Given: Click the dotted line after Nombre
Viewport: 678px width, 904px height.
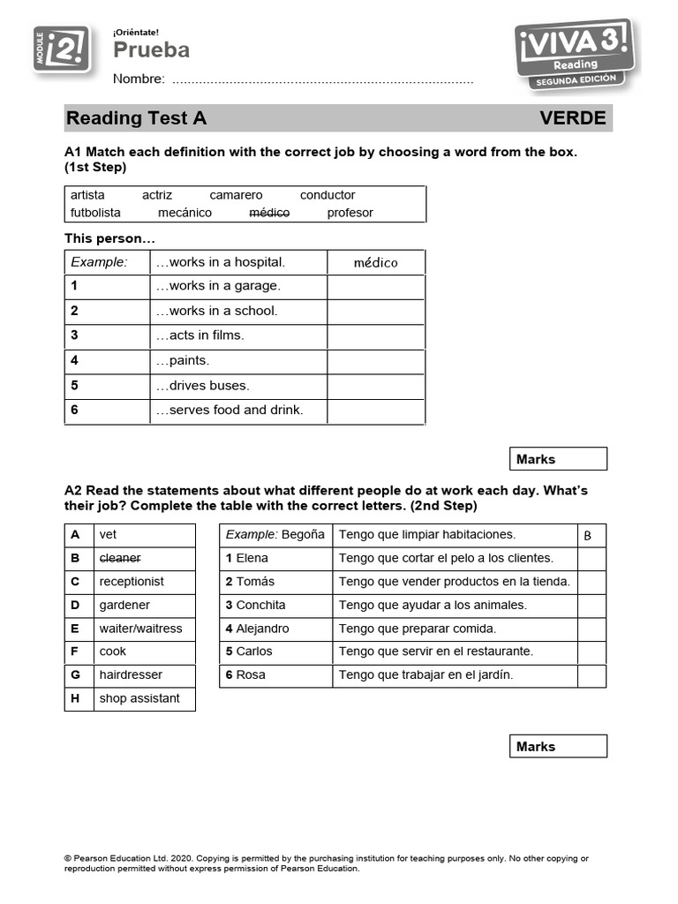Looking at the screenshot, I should [322, 80].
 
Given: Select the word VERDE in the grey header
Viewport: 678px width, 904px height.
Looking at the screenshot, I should [572, 118].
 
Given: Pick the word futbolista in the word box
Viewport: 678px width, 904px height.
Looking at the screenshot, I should [95, 213].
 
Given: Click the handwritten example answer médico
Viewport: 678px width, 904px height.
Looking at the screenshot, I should [375, 262].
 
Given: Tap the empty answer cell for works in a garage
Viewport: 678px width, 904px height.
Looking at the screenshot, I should [375, 286].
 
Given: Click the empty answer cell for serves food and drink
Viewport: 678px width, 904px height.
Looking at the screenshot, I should [375, 411].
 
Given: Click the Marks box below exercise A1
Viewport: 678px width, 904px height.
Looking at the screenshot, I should [558, 459].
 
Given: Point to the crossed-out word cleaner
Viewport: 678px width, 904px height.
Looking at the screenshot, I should [120, 558].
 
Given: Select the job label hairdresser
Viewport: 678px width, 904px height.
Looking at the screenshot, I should [131, 674].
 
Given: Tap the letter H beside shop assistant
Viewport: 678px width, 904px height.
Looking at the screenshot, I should [76, 698].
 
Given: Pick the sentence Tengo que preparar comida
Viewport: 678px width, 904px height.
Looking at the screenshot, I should [418, 629].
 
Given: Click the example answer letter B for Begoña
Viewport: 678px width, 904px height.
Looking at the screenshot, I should [588, 535].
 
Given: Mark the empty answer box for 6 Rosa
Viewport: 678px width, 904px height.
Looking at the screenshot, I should [591, 675].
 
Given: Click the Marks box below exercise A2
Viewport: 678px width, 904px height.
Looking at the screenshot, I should [558, 746].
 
